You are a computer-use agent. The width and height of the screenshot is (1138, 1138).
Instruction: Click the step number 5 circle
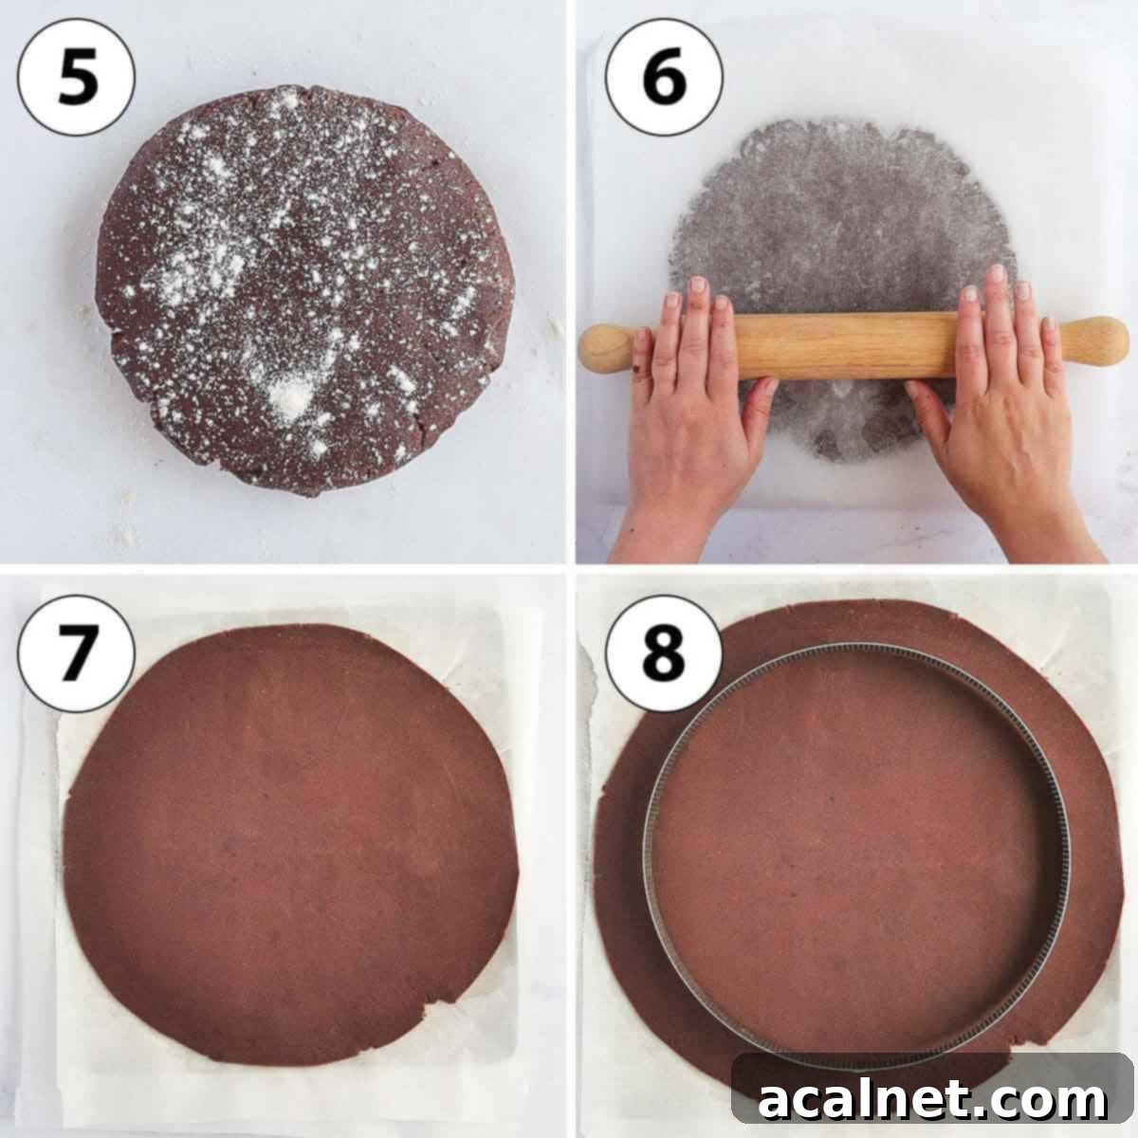76,77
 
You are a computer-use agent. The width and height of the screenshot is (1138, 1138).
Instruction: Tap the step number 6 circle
663,77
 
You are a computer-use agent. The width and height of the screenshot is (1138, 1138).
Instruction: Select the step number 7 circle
76,653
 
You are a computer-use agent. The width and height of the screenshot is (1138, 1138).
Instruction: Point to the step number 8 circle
663,653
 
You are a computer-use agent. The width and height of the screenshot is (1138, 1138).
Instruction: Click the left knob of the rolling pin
604,347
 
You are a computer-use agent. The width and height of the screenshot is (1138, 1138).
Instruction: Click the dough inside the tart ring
853,853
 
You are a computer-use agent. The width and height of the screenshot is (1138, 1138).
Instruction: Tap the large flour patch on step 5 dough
289,398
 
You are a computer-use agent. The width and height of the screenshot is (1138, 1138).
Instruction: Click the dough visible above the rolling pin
835,218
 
